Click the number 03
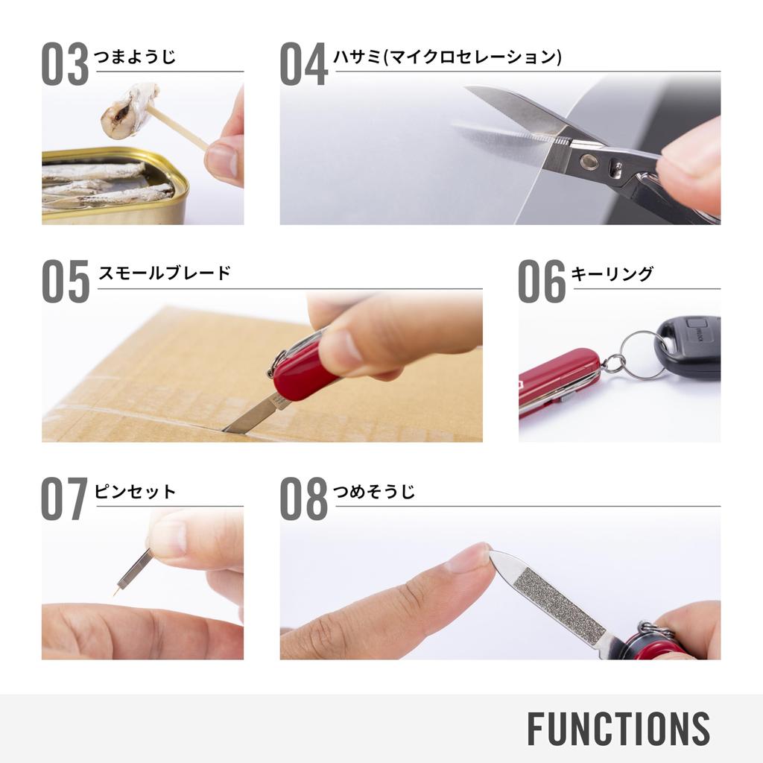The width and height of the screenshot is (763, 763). tap(65, 65)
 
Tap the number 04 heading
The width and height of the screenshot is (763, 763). tap(303, 65)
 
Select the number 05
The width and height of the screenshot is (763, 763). tap(65, 281)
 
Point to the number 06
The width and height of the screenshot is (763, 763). tap(542, 281)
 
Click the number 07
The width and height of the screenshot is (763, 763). tap(65, 499)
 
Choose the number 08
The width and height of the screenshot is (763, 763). tap(303, 499)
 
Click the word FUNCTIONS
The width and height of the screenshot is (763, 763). tap(618, 728)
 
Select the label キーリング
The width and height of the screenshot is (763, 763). tap(612, 273)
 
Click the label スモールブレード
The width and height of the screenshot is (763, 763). tap(165, 273)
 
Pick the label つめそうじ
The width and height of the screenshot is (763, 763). tap(375, 492)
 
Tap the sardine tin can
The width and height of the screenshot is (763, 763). tap(112, 186)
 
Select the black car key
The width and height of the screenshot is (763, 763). tap(689, 346)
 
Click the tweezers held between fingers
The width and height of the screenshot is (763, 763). tap(136, 569)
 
